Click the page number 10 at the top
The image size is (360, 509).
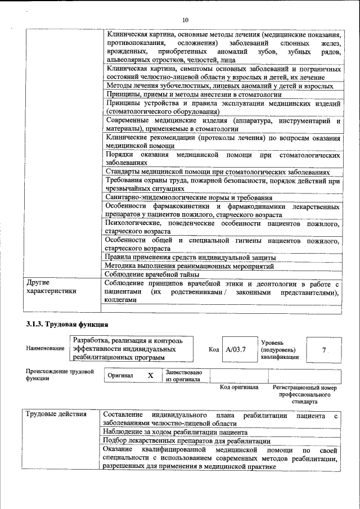click(185, 20)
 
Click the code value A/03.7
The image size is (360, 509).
click(236, 349)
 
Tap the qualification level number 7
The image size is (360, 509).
click(323, 349)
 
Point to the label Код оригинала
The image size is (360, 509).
click(238, 388)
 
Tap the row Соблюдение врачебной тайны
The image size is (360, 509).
click(152, 274)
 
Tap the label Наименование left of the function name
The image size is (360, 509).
click(45, 349)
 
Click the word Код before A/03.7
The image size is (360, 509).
click(214, 349)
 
